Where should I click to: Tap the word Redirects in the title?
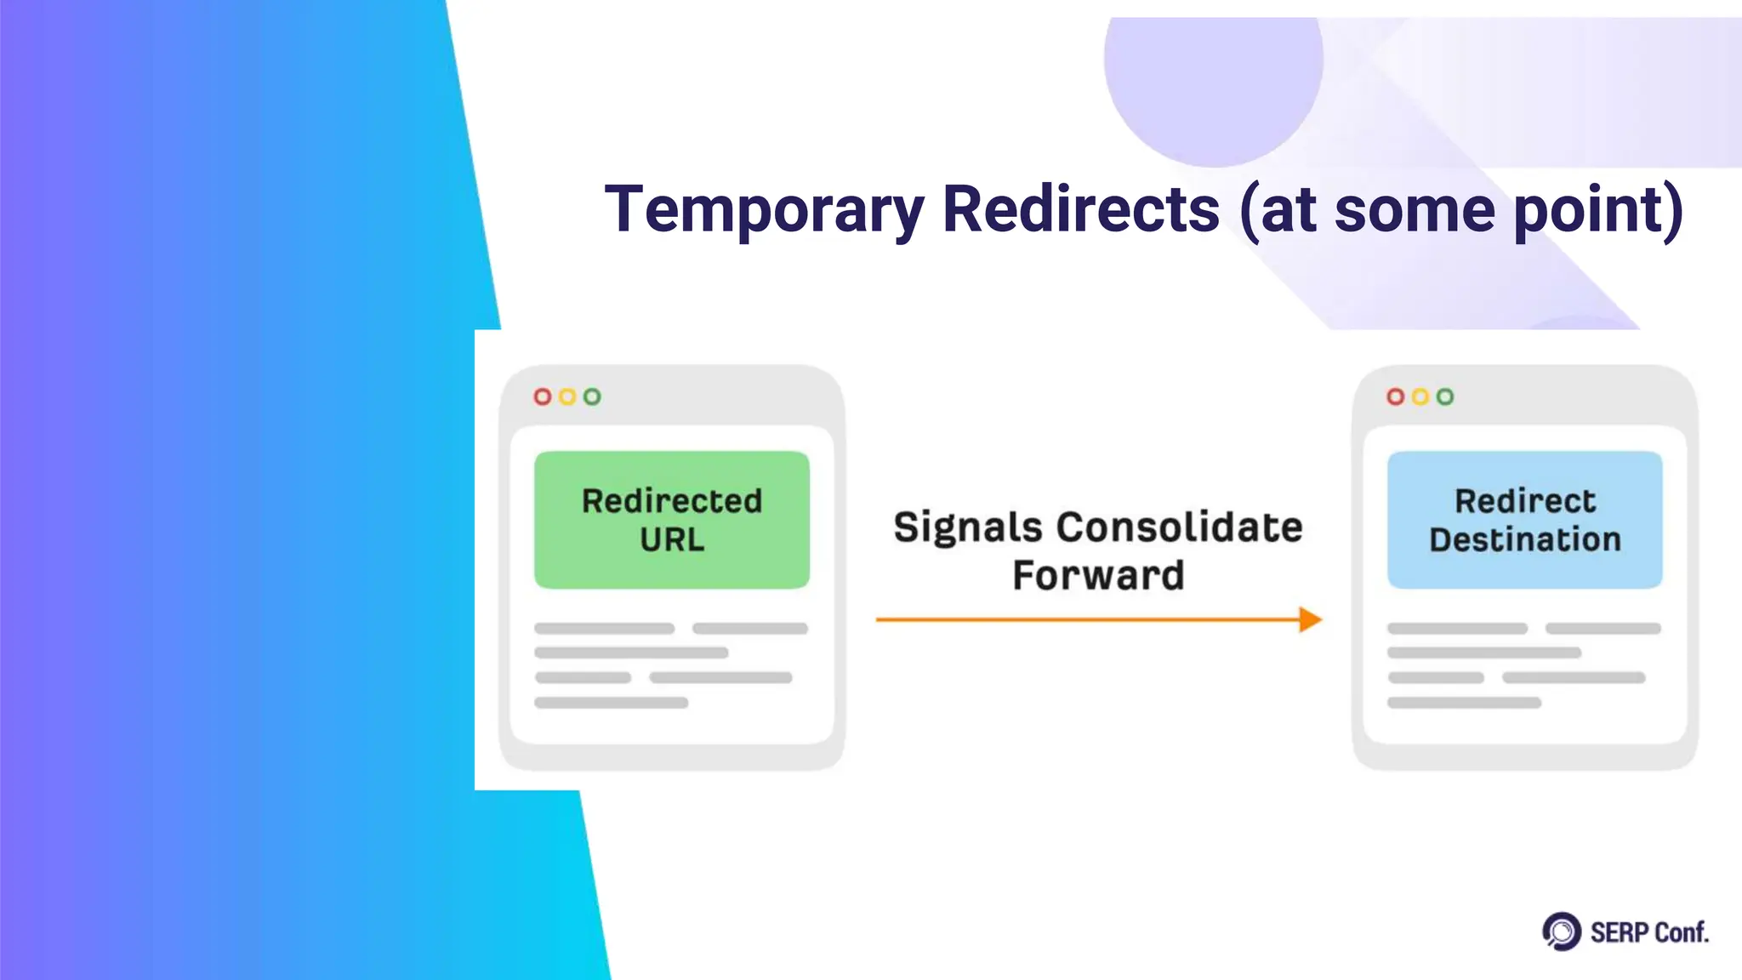click(x=1081, y=210)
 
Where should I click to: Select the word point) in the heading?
click(x=1598, y=210)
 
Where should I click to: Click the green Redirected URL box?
click(x=671, y=520)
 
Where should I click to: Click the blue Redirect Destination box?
click(x=1524, y=520)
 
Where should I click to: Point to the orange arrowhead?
click(x=1311, y=619)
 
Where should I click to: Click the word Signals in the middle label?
click(x=967, y=527)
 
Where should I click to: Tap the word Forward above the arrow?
click(x=1098, y=576)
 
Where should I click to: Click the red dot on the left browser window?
click(x=543, y=396)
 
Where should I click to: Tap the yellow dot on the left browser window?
click(x=567, y=396)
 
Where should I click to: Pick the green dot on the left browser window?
click(x=592, y=396)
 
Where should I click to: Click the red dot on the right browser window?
click(x=1396, y=396)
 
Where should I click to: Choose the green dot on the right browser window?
click(x=1445, y=396)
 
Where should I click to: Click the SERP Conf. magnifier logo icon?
click(x=1562, y=932)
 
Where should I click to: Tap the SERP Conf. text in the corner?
click(x=1648, y=933)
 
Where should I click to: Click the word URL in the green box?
click(x=671, y=540)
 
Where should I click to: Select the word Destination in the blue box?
click(x=1524, y=540)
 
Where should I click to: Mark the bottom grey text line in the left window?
click(x=611, y=703)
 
